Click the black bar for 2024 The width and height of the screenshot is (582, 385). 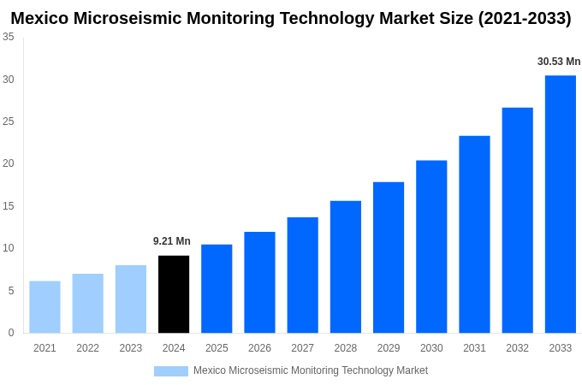click(x=174, y=294)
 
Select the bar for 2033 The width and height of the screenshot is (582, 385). click(x=560, y=204)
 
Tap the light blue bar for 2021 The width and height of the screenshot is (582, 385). click(x=45, y=307)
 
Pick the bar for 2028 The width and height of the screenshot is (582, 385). click(x=345, y=267)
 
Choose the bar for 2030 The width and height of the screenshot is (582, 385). click(x=431, y=246)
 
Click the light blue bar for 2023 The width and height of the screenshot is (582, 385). click(x=131, y=299)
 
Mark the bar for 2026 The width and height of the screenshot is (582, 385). click(x=259, y=282)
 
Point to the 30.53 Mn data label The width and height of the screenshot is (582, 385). click(x=559, y=62)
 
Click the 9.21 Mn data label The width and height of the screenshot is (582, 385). click(x=172, y=241)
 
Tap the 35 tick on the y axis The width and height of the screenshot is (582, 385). click(x=9, y=37)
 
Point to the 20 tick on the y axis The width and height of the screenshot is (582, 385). click(x=9, y=163)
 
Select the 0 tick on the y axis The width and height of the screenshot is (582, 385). click(x=11, y=333)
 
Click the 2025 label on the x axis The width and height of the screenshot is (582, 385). click(x=217, y=348)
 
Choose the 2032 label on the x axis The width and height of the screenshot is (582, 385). click(x=517, y=348)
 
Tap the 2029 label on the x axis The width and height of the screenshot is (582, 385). click(x=389, y=348)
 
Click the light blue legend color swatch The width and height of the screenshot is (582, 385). click(x=170, y=371)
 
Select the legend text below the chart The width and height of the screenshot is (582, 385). click(x=310, y=370)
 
